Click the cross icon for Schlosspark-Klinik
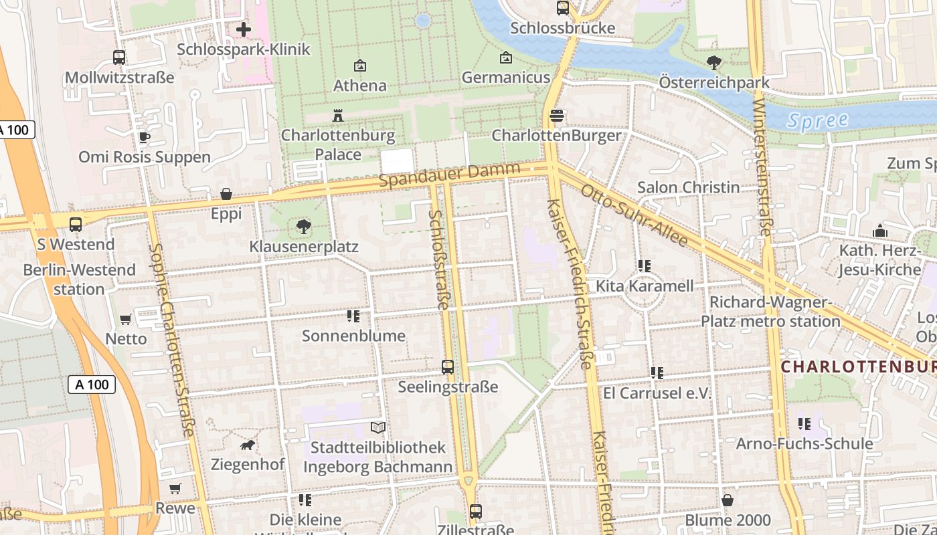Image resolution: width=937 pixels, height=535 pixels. coord(244,29)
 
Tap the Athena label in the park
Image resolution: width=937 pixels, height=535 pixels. coord(360,86)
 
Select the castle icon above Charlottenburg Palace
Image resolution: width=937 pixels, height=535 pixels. coord(338,116)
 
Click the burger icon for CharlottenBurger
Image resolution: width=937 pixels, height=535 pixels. coord(556,116)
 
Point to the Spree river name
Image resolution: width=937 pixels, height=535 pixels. coord(817,121)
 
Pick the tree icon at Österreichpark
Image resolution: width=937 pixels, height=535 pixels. coord(714,63)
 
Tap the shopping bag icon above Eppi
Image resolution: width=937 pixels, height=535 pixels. coord(226,195)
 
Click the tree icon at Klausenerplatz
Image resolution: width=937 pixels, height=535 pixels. coord(304,227)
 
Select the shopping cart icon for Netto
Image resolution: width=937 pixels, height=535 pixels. coord(125,320)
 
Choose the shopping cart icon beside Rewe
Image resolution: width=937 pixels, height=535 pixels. coord(175,489)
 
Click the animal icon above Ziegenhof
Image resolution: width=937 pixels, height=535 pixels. coord(248,445)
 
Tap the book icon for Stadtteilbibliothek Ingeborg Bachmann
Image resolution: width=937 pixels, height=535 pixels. coord(378,427)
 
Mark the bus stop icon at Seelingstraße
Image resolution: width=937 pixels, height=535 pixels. coord(448,367)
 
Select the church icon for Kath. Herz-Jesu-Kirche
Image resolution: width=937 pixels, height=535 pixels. coord(879,231)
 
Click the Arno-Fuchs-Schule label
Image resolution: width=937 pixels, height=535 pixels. coord(804,444)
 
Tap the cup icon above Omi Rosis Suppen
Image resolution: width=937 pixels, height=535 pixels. coord(144,138)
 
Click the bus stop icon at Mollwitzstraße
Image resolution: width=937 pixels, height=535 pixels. coord(119,58)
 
